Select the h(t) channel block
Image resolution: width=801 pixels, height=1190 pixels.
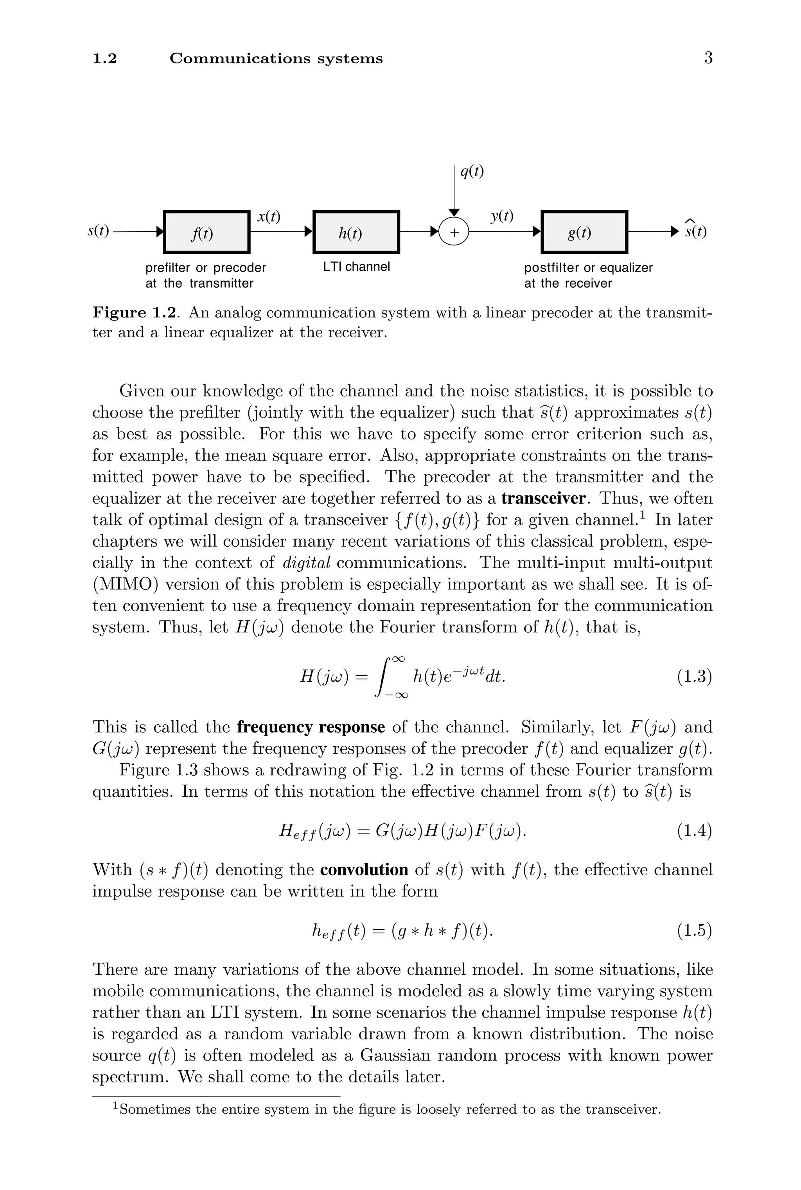pos(356,232)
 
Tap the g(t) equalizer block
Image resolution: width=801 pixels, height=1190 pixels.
pos(584,232)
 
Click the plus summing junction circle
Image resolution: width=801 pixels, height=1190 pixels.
pos(454,232)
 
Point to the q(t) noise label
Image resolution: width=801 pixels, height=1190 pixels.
pos(472,172)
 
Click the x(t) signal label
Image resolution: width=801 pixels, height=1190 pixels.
pos(269,217)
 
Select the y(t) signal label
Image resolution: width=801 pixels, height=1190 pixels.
pos(502,217)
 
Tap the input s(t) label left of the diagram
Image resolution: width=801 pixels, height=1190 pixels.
pos(98,231)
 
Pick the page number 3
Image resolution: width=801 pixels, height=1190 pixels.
pos(708,58)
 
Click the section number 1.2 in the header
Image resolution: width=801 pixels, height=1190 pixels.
pos(105,59)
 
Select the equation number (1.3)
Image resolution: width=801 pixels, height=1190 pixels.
pos(694,677)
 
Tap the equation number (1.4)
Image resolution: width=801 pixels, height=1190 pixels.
pos(694,831)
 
